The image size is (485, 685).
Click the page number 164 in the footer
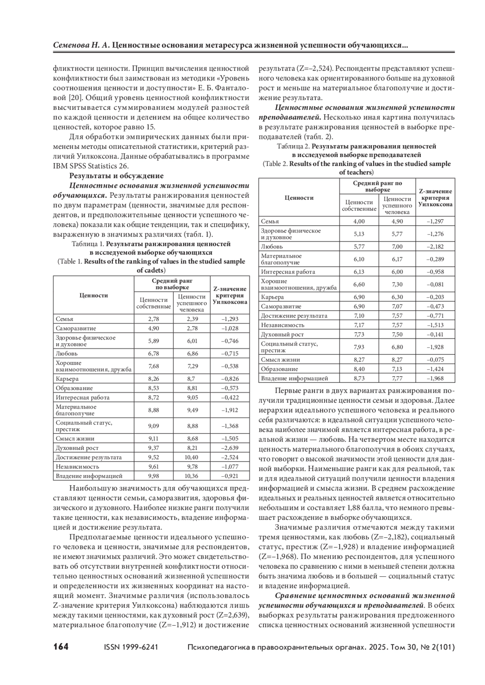pyautogui.click(x=61, y=647)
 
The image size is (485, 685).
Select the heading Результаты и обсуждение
pyautogui.click(x=116, y=176)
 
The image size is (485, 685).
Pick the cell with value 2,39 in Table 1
pyautogui.click(x=192, y=319)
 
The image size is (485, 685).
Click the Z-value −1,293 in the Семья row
pyautogui.click(x=230, y=319)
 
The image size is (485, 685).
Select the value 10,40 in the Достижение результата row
pyautogui.click(x=192, y=457)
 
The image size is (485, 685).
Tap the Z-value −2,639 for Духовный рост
pyautogui.click(x=230, y=448)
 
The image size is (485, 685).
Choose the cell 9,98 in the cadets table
pyautogui.click(x=154, y=476)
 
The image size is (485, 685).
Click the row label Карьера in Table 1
pyautogui.click(x=67, y=379)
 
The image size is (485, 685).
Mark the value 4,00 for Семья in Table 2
pyautogui.click(x=359, y=221)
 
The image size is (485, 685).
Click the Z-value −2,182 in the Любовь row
pyautogui.click(x=435, y=247)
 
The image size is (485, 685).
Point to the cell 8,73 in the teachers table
pyautogui.click(x=359, y=378)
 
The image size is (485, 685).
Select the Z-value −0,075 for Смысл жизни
pyautogui.click(x=435, y=360)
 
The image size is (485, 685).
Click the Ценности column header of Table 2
pyautogui.click(x=299, y=198)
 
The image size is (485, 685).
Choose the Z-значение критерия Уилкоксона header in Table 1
pyautogui.click(x=230, y=295)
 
